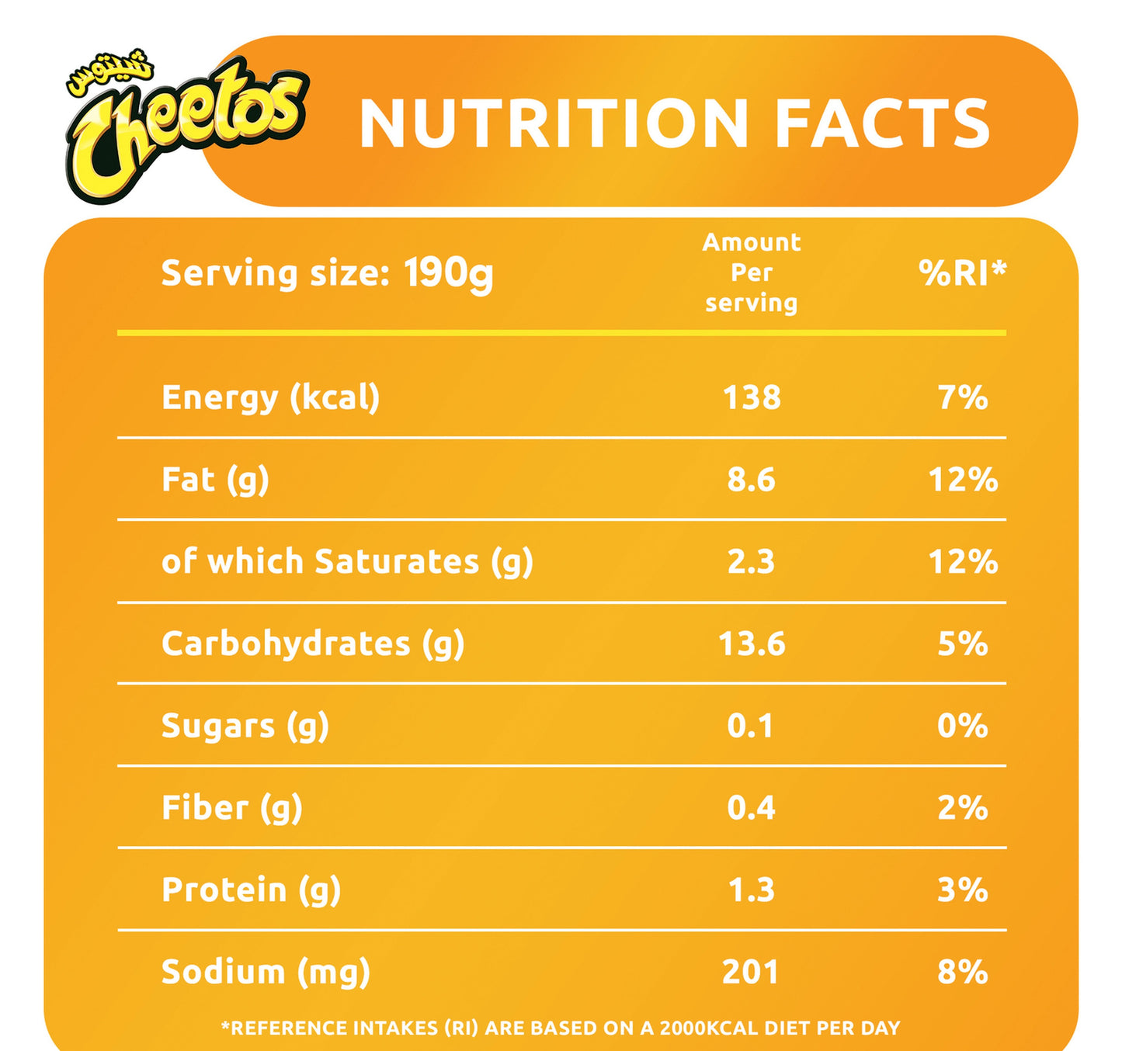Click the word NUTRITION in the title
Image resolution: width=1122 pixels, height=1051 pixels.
553,124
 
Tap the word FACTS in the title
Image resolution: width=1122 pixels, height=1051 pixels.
882,124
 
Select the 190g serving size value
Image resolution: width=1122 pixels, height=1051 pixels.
448,274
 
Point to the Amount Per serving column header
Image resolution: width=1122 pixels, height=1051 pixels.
751,272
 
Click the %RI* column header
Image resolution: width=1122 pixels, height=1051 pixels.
961,272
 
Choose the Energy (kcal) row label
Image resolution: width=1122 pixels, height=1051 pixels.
270,397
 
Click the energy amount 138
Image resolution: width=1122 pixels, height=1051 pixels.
751,397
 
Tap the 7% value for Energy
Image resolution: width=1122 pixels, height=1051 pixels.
962,397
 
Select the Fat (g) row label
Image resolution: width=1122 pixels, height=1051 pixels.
215,480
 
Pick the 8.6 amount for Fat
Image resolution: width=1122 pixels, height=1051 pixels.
751,480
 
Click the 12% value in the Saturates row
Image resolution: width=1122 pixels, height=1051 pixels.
962,562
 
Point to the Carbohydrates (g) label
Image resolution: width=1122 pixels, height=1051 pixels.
313,644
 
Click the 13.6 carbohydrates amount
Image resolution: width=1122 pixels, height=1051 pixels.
751,644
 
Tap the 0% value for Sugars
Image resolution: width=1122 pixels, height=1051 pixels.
962,726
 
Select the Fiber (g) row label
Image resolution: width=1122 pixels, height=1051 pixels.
231,808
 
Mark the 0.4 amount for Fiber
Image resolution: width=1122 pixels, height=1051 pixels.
751,808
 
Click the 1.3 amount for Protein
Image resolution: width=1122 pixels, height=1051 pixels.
751,890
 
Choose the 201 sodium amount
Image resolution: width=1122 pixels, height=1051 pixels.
750,972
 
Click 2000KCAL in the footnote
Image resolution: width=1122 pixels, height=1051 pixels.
709,1028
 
